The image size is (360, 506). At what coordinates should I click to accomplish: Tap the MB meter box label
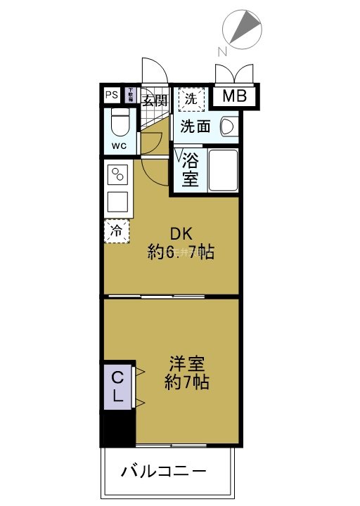(x=235, y=96)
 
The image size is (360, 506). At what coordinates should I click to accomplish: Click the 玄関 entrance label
(x=155, y=100)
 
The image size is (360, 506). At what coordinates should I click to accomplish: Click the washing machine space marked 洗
(x=191, y=99)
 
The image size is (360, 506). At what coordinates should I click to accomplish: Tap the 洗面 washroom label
(x=195, y=126)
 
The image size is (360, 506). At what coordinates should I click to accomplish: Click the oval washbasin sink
(x=227, y=126)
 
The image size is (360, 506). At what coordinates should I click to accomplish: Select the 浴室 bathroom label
(x=190, y=169)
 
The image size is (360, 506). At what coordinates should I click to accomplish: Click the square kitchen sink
(x=117, y=202)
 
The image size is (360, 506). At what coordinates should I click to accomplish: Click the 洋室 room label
(x=186, y=365)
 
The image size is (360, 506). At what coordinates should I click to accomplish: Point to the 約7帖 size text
(x=186, y=384)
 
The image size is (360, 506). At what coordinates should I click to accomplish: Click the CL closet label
(x=117, y=387)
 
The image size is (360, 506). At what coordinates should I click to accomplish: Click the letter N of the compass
(x=222, y=51)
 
